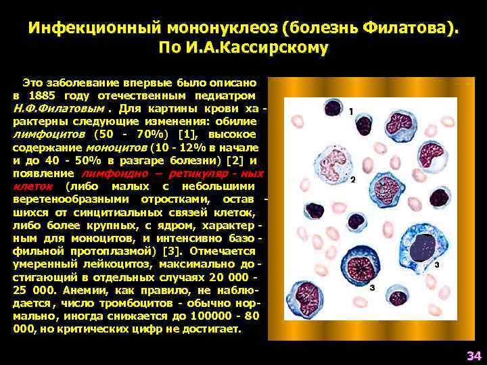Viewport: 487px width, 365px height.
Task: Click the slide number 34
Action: tap(473, 356)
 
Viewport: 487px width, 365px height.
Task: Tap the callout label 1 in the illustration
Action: tap(351, 109)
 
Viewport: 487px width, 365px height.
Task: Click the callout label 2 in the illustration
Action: tap(352, 180)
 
